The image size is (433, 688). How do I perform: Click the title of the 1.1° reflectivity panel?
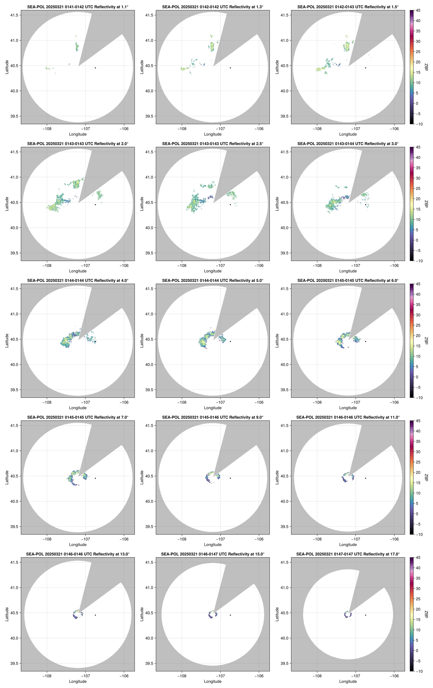pos(78,7)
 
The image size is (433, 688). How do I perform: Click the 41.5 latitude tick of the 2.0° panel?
pos(14,152)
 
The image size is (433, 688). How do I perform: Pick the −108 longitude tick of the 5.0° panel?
pos(182,402)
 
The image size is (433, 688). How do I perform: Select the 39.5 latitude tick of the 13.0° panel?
pos(14,663)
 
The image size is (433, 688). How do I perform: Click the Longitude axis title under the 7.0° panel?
pos(78,545)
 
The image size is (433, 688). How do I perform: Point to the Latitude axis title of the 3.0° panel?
pos(277,204)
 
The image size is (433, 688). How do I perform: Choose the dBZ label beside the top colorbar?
pos(426,67)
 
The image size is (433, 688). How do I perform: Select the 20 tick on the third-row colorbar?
pos(418,336)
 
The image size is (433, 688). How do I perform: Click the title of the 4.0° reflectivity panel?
pos(78,281)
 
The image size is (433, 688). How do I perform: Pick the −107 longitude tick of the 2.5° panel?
pos(220,265)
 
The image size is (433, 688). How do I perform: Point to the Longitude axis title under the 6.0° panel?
pos(348,408)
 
